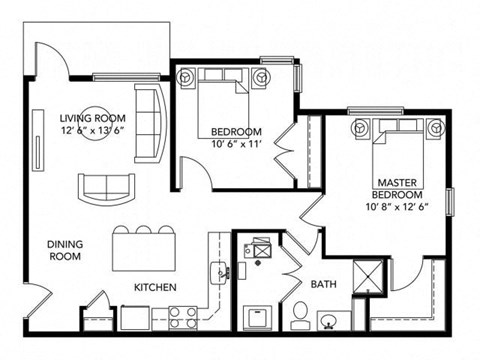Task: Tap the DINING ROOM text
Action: click(66, 249)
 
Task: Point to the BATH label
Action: click(322, 285)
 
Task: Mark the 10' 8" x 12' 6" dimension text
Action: click(396, 207)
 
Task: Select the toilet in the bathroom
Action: click(299, 317)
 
